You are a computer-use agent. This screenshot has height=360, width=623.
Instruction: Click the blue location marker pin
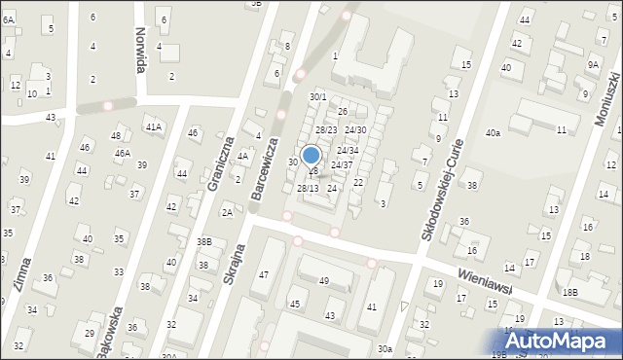(311, 156)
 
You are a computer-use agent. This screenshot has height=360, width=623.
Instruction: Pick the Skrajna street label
(231, 289)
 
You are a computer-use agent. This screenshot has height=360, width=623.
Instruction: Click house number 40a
(494, 132)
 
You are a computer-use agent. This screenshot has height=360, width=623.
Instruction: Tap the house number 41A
(153, 126)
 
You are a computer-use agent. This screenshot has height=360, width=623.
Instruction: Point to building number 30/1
(317, 97)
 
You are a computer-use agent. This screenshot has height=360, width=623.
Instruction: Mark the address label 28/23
(325, 130)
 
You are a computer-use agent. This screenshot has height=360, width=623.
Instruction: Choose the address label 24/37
(341, 165)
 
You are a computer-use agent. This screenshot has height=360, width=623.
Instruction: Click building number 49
(324, 281)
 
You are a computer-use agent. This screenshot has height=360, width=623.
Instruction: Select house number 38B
(203, 241)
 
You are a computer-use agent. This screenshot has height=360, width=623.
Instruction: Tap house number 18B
(569, 292)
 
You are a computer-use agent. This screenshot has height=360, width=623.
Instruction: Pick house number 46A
(122, 153)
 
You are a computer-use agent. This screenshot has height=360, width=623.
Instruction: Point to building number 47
(263, 275)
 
